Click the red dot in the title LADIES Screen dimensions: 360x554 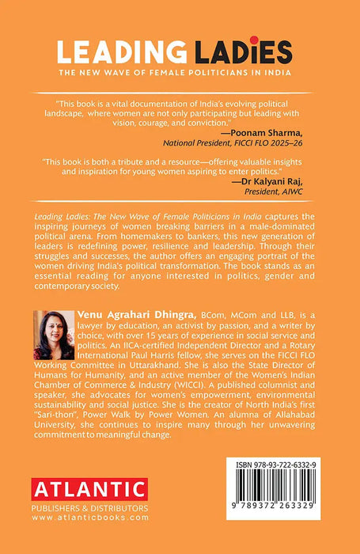point(256,40)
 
